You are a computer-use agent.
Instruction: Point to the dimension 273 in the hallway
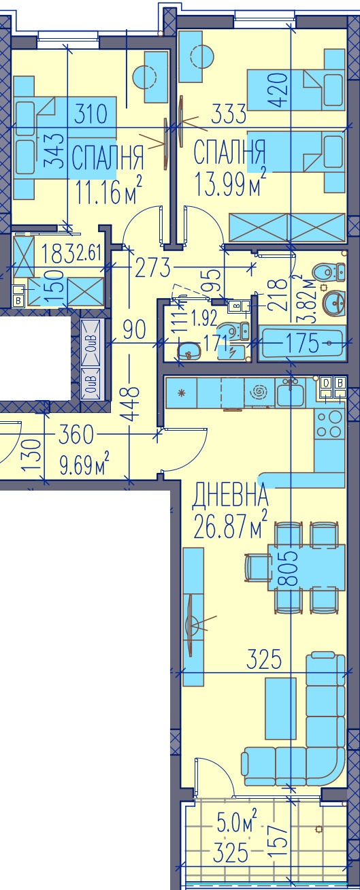[152, 267]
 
